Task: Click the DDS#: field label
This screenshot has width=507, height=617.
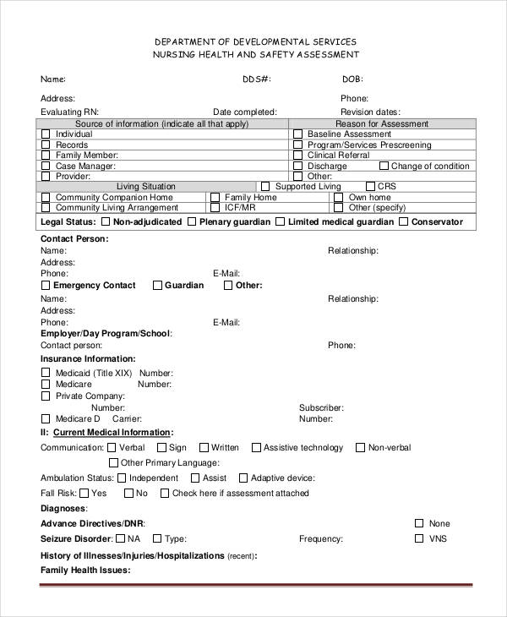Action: point(256,79)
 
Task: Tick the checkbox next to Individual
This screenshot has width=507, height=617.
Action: point(46,134)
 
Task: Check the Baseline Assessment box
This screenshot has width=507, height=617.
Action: point(297,134)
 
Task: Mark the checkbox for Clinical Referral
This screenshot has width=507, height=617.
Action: point(297,156)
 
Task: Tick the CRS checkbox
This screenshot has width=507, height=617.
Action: point(369,187)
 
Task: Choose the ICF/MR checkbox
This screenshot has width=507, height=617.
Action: point(215,207)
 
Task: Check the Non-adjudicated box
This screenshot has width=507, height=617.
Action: point(105,222)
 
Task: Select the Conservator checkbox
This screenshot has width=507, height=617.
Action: point(404,222)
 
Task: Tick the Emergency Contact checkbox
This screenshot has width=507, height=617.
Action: point(46,286)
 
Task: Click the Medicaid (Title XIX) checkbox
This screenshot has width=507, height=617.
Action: point(46,373)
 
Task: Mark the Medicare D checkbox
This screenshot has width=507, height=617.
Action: point(46,418)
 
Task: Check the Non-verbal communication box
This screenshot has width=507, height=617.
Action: point(360,448)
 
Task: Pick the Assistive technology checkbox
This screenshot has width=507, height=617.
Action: point(254,448)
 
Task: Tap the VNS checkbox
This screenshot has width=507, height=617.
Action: point(418,538)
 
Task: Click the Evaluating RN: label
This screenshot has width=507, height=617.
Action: point(69,112)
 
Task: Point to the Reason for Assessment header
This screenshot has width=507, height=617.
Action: point(382,123)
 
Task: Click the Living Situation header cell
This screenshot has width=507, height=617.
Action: point(146,187)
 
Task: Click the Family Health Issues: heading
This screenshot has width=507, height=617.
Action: point(85,571)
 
